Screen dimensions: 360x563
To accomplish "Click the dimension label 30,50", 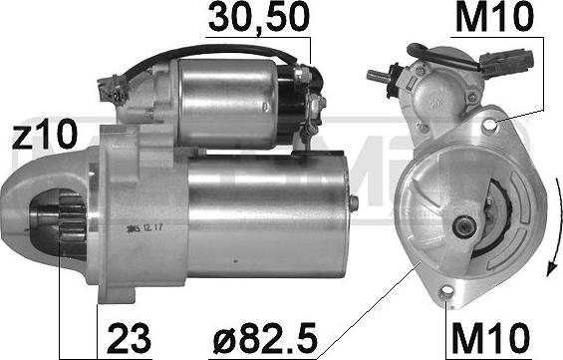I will tap(257, 17).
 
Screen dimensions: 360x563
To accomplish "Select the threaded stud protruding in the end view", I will tap(380, 76).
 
